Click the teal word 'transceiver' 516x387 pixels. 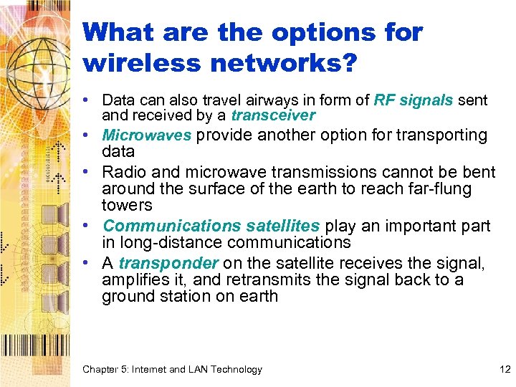coord(273,115)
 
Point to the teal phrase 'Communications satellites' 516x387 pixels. coord(211,226)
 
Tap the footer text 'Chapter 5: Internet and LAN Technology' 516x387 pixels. coord(172,369)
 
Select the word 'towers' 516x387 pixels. coord(127,206)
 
